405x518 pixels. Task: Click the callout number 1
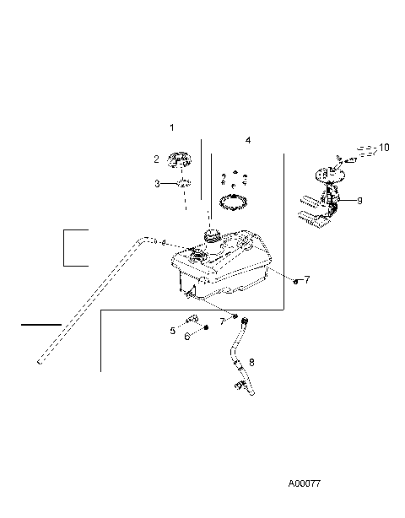pos(171,127)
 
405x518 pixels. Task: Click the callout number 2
pos(156,159)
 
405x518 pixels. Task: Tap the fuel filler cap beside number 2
pos(178,159)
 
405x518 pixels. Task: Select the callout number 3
pos(156,183)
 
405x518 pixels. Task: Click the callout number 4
pos(248,140)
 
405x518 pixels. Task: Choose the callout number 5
pos(173,331)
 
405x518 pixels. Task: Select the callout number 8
pos(251,362)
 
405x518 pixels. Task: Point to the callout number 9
pos(359,201)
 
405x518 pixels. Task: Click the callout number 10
pos(385,148)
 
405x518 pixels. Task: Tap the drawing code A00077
pos(305,484)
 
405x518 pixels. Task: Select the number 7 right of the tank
pos(307,279)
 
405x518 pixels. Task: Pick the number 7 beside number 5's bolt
pos(222,321)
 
